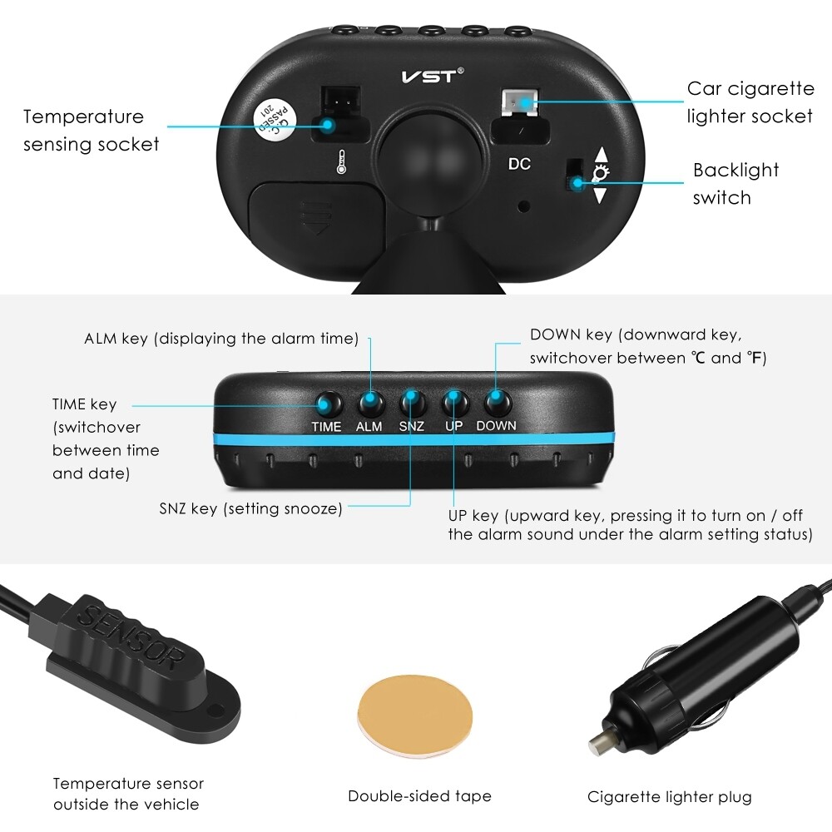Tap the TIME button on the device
(x=327, y=404)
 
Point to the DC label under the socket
(x=519, y=164)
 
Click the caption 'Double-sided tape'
(x=419, y=796)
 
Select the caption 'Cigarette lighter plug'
(x=669, y=797)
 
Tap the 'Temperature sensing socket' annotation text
(x=91, y=131)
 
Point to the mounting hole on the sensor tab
(x=219, y=710)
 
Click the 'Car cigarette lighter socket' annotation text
(x=750, y=102)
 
